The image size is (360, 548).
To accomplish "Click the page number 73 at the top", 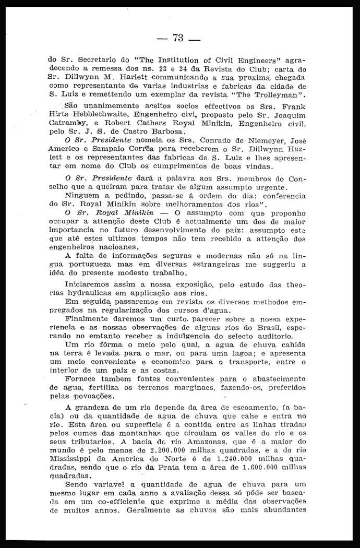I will tap(179, 38).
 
